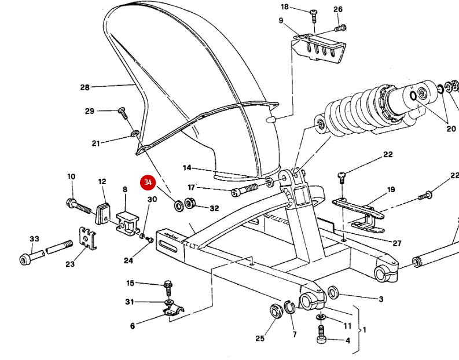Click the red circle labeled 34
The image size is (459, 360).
click(148, 182)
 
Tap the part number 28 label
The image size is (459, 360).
click(85, 87)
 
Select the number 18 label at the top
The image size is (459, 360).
click(284, 7)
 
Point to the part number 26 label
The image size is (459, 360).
click(338, 9)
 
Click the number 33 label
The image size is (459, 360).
click(34, 238)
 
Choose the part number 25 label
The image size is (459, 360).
click(260, 338)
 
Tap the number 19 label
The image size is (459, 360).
click(391, 189)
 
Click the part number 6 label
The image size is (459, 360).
click(132, 326)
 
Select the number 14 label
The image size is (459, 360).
click(186, 168)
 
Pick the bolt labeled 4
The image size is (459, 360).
click(322, 333)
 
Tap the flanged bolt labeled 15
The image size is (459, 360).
click(167, 285)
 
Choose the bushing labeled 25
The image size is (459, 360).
click(275, 310)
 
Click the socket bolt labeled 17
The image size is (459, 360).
click(245, 190)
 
